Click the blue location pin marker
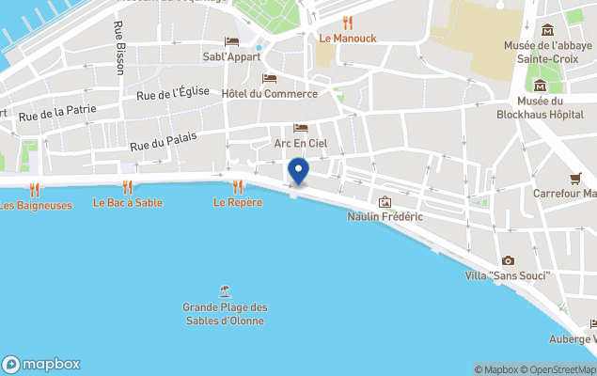(x=298, y=171)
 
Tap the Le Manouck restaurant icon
(x=347, y=23)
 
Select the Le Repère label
(x=238, y=202)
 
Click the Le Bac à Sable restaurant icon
(x=128, y=187)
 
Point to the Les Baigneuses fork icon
(x=35, y=189)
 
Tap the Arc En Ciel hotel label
(x=301, y=143)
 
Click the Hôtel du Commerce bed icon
(x=270, y=78)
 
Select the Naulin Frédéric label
(x=385, y=217)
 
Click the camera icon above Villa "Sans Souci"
(x=508, y=260)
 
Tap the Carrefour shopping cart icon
(x=575, y=178)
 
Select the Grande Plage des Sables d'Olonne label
(x=225, y=314)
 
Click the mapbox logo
(x=41, y=364)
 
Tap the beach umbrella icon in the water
(x=225, y=290)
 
